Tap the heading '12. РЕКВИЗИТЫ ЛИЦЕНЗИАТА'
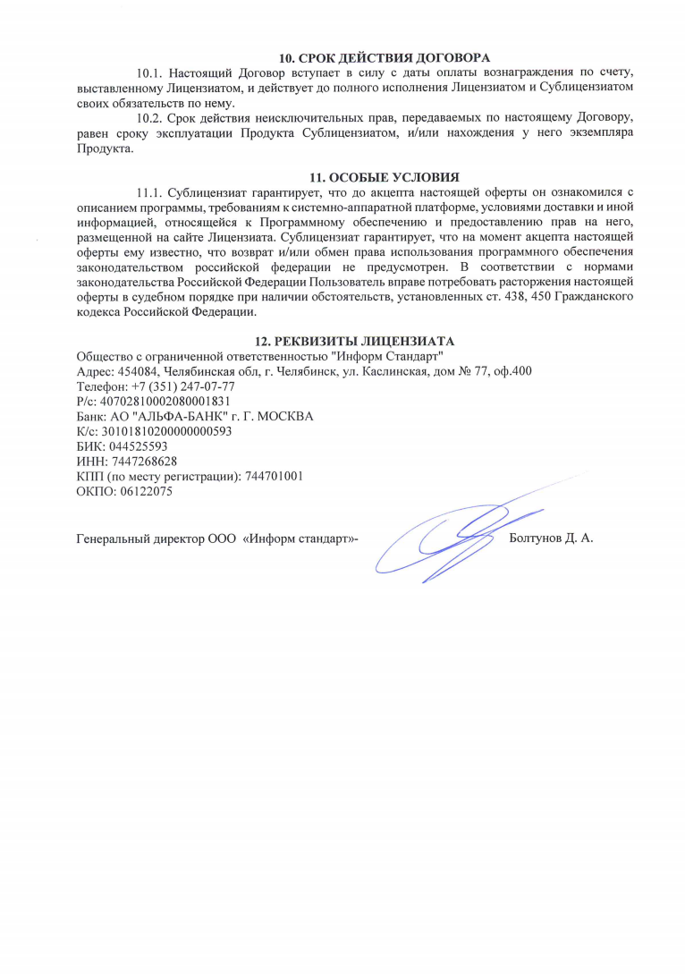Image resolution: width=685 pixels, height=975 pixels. tap(355, 341)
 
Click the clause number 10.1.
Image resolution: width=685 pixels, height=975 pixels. tap(149, 72)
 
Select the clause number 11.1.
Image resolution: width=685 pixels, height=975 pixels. tap(149, 192)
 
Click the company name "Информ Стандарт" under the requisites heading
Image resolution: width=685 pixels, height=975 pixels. tap(387, 356)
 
